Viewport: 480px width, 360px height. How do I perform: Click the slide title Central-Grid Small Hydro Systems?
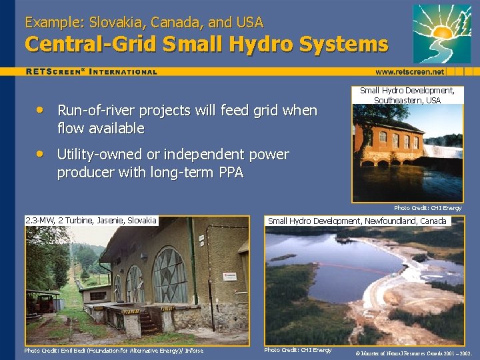206,45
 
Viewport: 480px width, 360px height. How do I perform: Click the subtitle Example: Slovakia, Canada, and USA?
144,22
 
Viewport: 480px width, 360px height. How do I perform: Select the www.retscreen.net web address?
409,71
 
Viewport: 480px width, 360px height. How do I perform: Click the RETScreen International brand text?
91,71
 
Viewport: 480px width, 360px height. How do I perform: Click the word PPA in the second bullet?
228,173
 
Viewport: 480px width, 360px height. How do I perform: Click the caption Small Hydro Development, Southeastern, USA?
407,95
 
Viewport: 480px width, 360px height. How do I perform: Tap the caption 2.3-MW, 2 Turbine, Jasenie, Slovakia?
91,221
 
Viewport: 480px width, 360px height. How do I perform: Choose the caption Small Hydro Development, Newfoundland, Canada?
357,221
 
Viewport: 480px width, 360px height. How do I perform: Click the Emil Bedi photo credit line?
114,351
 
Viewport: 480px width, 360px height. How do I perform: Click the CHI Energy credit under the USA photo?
427,208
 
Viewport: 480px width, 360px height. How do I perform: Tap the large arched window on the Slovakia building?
169,273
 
